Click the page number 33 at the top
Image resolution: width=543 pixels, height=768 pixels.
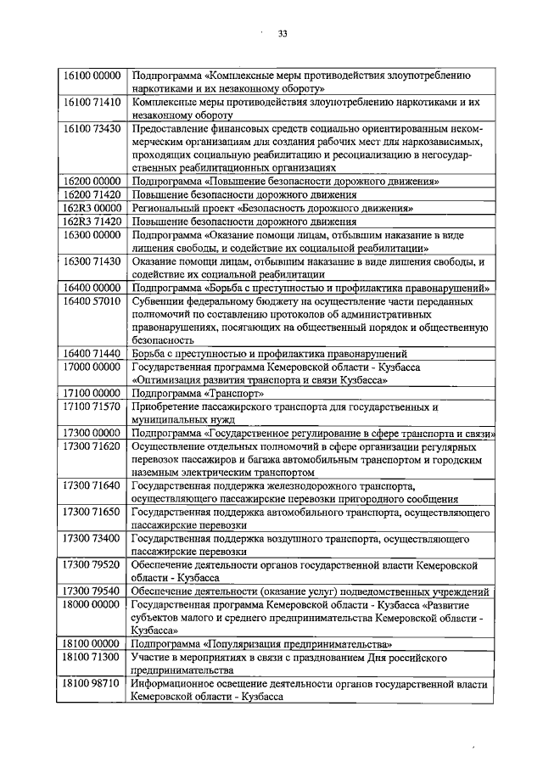point(283,35)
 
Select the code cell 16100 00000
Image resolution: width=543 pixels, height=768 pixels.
point(92,76)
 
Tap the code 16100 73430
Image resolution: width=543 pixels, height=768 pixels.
point(92,129)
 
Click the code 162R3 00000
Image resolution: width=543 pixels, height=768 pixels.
point(92,209)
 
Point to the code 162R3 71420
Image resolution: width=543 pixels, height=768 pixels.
point(92,221)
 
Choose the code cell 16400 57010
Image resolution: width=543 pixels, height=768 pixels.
point(92,301)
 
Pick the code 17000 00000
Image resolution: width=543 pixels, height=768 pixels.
point(92,367)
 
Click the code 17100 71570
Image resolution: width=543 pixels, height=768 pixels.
point(92,407)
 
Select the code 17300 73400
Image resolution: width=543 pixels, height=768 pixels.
point(92,539)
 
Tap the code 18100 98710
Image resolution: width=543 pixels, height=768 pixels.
point(92,684)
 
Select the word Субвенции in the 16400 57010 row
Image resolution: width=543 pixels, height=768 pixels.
point(161,301)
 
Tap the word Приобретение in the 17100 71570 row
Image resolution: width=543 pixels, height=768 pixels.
point(170,407)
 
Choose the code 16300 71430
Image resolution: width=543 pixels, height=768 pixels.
point(92,261)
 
